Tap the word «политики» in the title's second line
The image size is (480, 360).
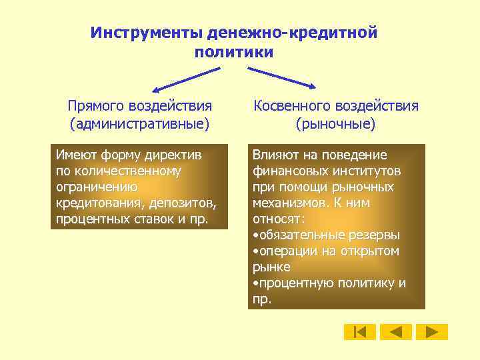tap(234, 52)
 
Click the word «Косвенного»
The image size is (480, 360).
tap(291, 105)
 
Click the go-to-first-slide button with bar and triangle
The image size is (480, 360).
tap(360, 332)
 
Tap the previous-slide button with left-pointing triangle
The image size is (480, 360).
tap(396, 332)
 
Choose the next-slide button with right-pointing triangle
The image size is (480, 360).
tap(432, 332)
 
